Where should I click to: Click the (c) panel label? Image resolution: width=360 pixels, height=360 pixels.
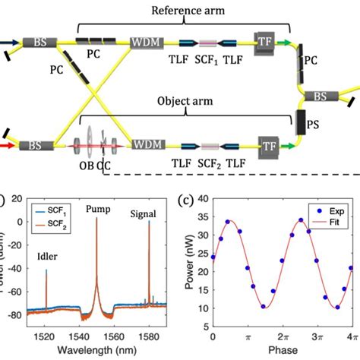point(185,201)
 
